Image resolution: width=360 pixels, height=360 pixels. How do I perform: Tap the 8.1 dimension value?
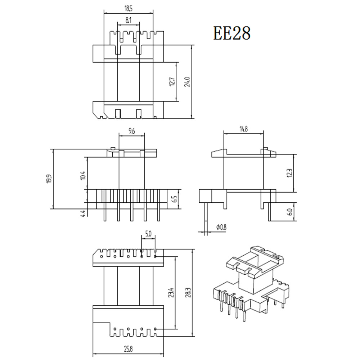tap(129, 21)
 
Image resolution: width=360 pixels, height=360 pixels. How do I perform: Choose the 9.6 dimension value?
tap(131, 131)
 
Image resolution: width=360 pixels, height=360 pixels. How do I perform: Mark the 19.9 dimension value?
tap(49, 179)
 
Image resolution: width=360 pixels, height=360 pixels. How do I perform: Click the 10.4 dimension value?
tap(83, 175)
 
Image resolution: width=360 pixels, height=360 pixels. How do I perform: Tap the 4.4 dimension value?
tap(83, 213)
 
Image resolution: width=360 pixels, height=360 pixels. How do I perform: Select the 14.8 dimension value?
tap(243, 130)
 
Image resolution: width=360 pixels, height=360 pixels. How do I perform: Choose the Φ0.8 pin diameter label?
tap(221, 227)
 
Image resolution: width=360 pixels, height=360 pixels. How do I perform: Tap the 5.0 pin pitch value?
tap(148, 234)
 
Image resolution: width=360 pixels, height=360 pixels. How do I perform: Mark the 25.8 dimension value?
tap(129, 349)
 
